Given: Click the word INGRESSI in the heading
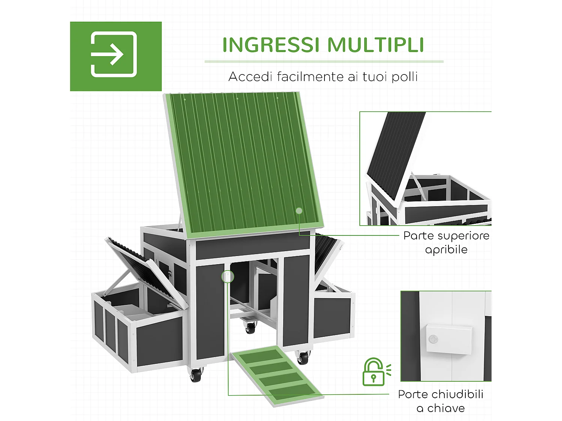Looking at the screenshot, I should point(271,45).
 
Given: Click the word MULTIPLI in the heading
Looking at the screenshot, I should point(375,45).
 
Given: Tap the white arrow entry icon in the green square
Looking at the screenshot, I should point(114,55).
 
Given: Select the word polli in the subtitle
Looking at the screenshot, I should point(405,77).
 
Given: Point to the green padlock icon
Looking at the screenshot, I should point(374,372).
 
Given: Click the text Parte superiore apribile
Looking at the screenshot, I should point(446,242).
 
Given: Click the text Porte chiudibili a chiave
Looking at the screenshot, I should point(441,401).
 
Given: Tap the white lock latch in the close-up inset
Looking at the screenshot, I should point(449,339).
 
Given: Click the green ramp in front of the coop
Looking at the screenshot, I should point(277,375).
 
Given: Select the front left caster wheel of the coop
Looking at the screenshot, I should point(196,375).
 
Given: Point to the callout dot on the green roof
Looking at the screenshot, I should point(299,211).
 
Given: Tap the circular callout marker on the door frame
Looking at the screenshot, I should point(227,277).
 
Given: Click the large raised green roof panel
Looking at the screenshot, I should point(244,161).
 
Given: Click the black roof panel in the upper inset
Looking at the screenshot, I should point(395,150).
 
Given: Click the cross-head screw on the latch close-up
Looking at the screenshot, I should point(433,339).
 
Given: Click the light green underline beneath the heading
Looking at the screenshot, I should point(324,61).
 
